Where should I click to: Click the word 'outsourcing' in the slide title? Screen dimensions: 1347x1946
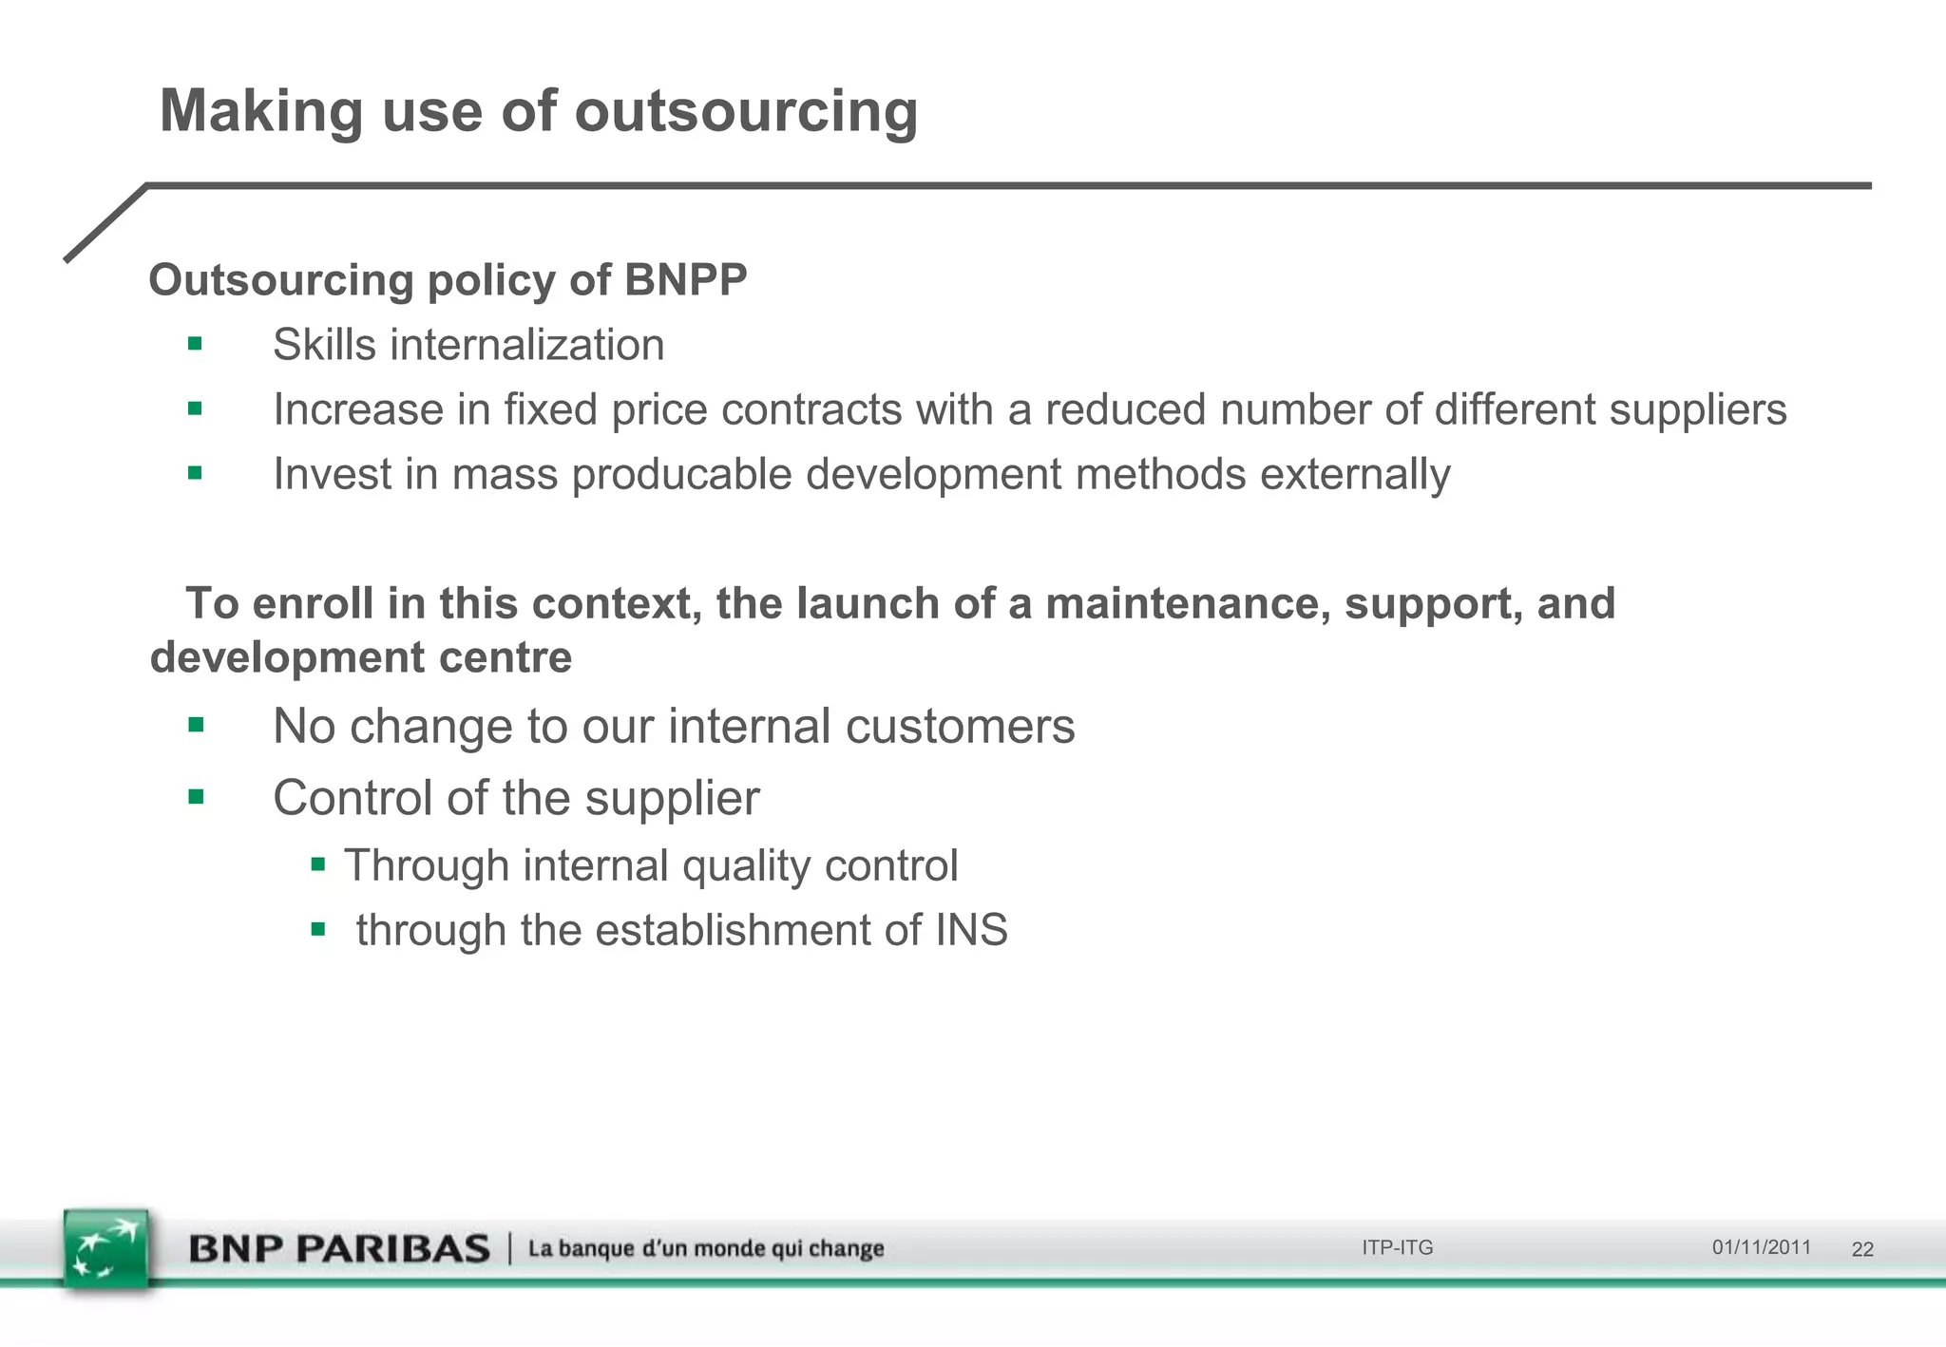(x=746, y=112)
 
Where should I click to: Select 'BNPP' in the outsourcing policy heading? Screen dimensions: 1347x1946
(x=685, y=280)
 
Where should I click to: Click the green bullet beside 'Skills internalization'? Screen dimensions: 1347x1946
(x=195, y=344)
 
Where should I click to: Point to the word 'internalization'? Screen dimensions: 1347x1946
(x=526, y=345)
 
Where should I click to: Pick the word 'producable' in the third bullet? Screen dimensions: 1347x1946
(x=681, y=474)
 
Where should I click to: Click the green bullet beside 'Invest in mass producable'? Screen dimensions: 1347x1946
(x=195, y=473)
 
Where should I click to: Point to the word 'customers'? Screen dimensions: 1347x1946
(x=960, y=727)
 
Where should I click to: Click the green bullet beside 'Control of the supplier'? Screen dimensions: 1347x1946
(x=196, y=797)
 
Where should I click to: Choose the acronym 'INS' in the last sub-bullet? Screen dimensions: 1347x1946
(x=971, y=930)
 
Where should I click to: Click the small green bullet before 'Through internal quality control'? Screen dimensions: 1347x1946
(x=318, y=865)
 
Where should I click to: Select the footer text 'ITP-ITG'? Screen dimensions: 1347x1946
(x=1397, y=1248)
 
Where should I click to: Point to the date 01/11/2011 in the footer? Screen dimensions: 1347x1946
(x=1761, y=1247)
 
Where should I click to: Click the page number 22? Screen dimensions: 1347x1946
(x=1862, y=1249)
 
